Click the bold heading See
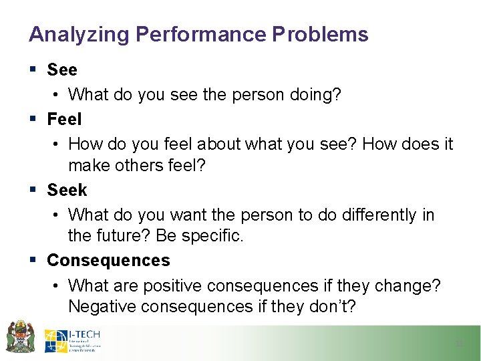(x=62, y=70)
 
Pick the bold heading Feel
(x=64, y=119)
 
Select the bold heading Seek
(x=67, y=190)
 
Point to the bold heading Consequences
(x=108, y=260)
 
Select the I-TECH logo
(x=72, y=340)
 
